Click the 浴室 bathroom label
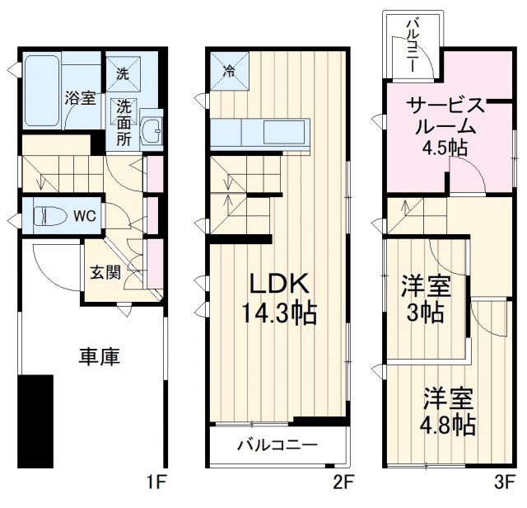(x=81, y=97)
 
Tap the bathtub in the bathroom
(x=40, y=91)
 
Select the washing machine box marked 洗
(x=122, y=73)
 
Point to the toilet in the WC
(x=50, y=216)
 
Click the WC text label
(x=86, y=216)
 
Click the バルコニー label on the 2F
(x=277, y=446)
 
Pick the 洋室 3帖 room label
(x=426, y=300)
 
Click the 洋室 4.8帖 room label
(x=449, y=411)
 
